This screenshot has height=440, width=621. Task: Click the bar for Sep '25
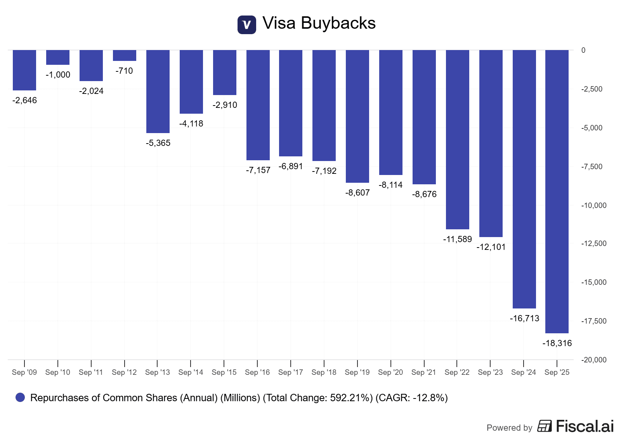(x=557, y=191)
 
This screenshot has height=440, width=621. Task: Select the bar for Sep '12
(x=124, y=55)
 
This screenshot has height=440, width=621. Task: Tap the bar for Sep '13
(x=158, y=92)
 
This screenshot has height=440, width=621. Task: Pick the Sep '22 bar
(x=457, y=139)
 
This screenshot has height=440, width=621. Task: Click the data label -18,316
(x=557, y=343)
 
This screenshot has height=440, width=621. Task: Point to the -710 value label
(x=124, y=71)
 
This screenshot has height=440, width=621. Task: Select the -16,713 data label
(x=524, y=318)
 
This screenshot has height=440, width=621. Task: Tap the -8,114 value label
(x=390, y=185)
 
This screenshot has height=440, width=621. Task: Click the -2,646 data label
(x=24, y=100)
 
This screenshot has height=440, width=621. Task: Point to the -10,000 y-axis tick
(x=593, y=205)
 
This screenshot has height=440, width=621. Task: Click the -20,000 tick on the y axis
(x=593, y=360)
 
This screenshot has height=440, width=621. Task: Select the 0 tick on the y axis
(x=583, y=50)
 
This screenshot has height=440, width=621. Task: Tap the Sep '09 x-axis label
(x=24, y=372)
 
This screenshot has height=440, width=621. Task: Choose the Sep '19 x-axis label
(x=357, y=372)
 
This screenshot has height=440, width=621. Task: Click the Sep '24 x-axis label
(x=524, y=372)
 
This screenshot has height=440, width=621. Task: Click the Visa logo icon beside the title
(x=246, y=25)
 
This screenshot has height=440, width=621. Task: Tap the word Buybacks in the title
(x=338, y=23)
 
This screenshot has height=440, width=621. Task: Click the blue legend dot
(x=20, y=397)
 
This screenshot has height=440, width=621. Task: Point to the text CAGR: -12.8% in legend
(x=411, y=398)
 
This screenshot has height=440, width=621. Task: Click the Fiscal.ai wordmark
(x=585, y=426)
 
